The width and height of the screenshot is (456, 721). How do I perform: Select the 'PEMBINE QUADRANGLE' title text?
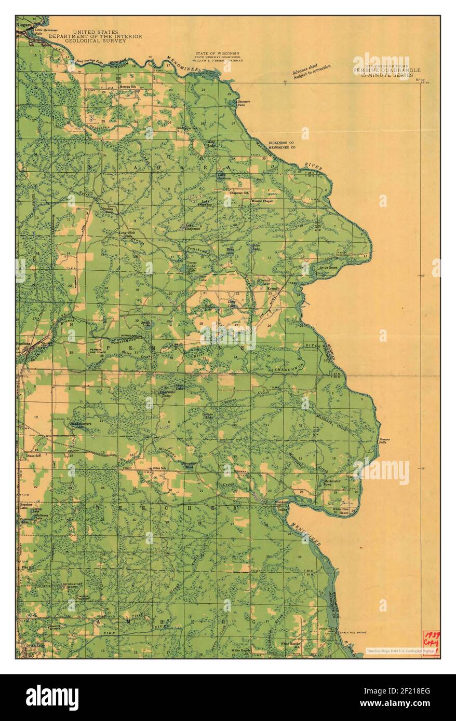tap(387, 70)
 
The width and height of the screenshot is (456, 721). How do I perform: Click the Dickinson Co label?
tap(281, 143)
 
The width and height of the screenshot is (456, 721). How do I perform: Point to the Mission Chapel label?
tap(262, 201)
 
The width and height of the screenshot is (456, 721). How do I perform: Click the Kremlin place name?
tap(274, 288)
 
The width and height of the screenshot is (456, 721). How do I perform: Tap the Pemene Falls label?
tap(384, 441)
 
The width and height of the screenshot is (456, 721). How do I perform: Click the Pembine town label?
tap(24, 344)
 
